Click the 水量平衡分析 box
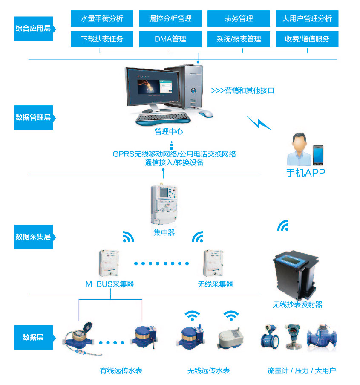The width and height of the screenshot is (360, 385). pos(102,18)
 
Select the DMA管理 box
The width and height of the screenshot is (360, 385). pos(170,39)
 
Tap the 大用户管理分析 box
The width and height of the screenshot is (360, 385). pos(307,18)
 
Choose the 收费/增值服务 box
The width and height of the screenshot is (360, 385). pos(307,39)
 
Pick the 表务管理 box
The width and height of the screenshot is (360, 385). pos(239,18)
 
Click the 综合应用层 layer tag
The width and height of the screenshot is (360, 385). pos(33,29)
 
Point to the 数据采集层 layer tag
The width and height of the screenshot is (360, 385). pos(33,237)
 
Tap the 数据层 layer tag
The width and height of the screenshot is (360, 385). pos(33,337)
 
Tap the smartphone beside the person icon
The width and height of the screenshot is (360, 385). pos(319,155)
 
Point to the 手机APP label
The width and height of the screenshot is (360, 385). pos(305,173)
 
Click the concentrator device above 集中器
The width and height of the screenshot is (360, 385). pos(164,205)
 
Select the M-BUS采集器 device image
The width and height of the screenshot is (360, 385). pos(109,263)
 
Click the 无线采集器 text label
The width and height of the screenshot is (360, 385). pos(216,284)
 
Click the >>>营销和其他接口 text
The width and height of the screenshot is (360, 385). pos(242,90)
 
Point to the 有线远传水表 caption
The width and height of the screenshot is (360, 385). pos(121,371)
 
